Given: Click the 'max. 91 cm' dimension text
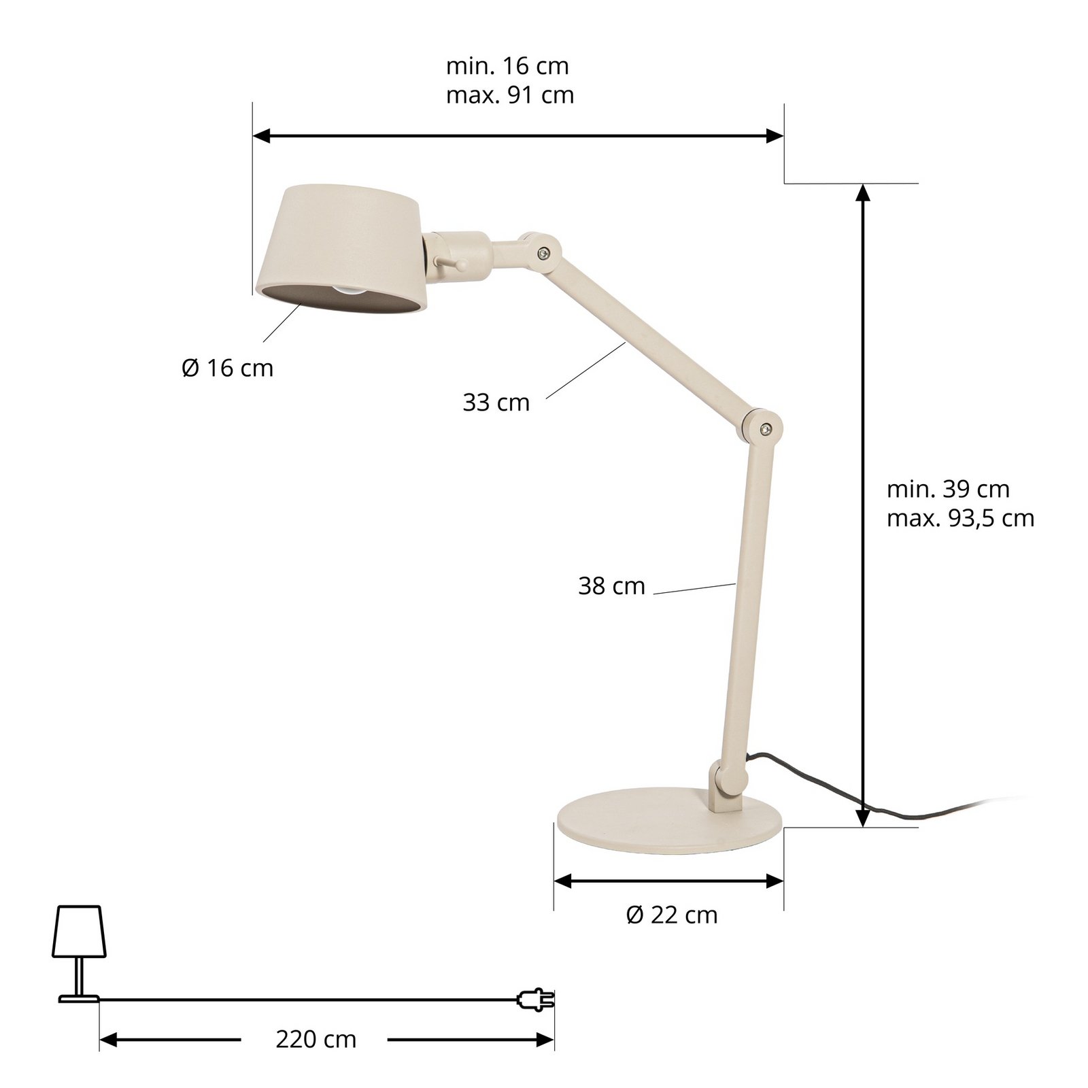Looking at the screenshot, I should tap(510, 95).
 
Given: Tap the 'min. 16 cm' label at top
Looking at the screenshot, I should tap(507, 66).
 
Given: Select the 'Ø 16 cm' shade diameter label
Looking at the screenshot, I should tap(228, 369).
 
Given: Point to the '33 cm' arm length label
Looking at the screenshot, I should tap(496, 403).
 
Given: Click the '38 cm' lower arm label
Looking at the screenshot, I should tap(611, 586).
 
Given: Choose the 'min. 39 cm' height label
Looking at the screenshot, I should tap(948, 489).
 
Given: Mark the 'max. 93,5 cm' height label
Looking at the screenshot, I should tap(960, 518).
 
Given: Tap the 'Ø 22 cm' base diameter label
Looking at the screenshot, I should tap(672, 915).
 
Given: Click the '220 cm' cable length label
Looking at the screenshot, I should tap(316, 1039).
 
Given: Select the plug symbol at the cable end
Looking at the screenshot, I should tap(536, 999).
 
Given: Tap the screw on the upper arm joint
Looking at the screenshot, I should tap(541, 254).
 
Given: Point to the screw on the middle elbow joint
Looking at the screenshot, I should tap(766, 428).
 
